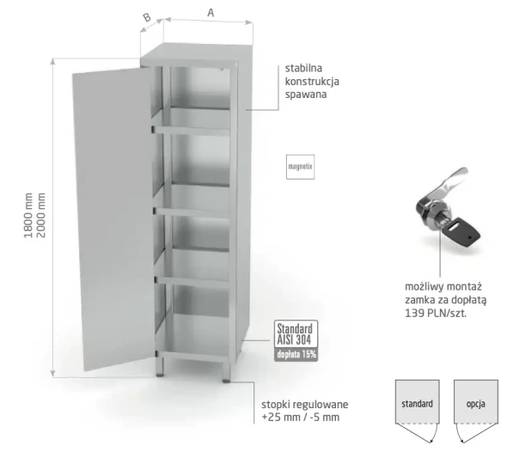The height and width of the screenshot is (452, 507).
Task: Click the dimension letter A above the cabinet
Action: [211, 13]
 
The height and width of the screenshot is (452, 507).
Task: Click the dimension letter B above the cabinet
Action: [147, 17]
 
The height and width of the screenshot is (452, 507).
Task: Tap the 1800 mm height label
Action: [28, 216]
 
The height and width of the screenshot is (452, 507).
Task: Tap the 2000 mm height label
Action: [40, 216]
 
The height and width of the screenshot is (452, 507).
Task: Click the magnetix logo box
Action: [301, 167]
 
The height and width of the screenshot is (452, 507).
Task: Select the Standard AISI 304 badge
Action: [296, 334]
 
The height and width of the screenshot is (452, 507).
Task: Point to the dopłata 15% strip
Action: [296, 355]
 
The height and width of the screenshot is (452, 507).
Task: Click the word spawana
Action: [306, 95]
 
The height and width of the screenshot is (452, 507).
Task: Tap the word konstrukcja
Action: [312, 82]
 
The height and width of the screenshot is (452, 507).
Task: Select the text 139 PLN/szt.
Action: [436, 314]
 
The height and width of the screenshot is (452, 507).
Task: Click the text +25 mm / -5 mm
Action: [301, 418]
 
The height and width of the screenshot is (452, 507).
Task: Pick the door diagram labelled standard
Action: [417, 411]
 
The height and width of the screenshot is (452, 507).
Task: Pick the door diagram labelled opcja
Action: [476, 411]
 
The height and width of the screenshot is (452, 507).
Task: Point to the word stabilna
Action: [303, 68]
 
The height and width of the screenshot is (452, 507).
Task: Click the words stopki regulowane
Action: [304, 405]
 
